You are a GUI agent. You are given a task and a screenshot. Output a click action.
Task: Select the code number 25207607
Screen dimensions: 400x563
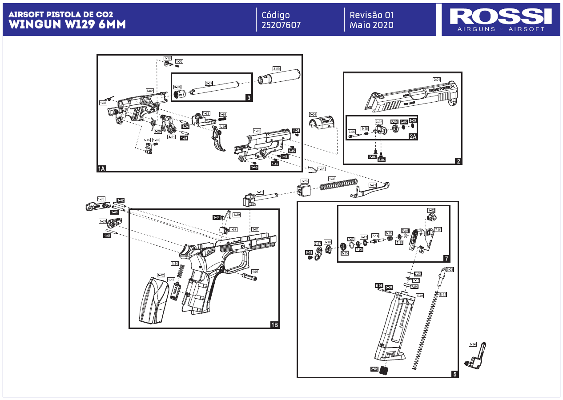[x=281, y=25]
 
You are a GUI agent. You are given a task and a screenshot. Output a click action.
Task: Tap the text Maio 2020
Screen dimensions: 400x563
[x=371, y=25]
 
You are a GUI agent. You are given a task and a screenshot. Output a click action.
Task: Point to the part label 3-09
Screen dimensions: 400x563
[x=276, y=69]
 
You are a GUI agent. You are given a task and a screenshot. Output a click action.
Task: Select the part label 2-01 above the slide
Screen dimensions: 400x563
[x=437, y=80]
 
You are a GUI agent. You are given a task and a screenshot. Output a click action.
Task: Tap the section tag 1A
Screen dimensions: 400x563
[x=102, y=168]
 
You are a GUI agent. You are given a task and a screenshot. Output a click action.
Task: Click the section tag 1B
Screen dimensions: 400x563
[x=274, y=325]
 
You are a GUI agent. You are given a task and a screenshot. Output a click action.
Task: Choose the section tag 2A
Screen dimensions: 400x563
[x=413, y=136]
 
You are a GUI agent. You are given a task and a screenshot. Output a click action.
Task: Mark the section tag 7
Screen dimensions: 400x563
[x=446, y=258]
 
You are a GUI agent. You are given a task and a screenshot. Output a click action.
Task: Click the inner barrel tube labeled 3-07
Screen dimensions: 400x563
[x=216, y=89]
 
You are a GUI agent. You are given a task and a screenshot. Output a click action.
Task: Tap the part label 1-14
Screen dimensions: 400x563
[x=472, y=344]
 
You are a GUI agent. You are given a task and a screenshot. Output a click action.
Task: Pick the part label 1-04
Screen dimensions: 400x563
[x=313, y=114]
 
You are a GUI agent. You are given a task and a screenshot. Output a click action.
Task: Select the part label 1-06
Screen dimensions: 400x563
[x=101, y=199]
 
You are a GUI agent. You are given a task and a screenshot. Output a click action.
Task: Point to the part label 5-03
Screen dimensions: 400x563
[x=450, y=270]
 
